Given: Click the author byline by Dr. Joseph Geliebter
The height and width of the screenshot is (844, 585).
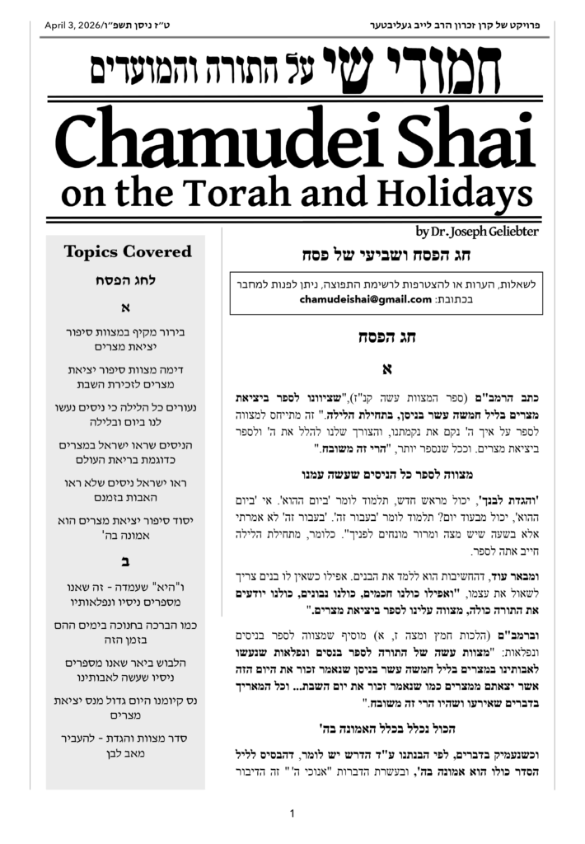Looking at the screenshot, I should pyautogui.click(x=477, y=232).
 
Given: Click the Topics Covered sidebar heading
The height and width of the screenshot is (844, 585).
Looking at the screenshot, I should pyautogui.click(x=128, y=252).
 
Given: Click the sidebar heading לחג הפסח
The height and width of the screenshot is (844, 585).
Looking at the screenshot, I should pyautogui.click(x=127, y=282).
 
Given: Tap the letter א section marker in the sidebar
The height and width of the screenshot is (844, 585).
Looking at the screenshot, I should pyautogui.click(x=127, y=310).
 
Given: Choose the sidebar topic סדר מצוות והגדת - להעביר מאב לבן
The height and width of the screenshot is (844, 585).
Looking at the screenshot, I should pyautogui.click(x=127, y=746).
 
